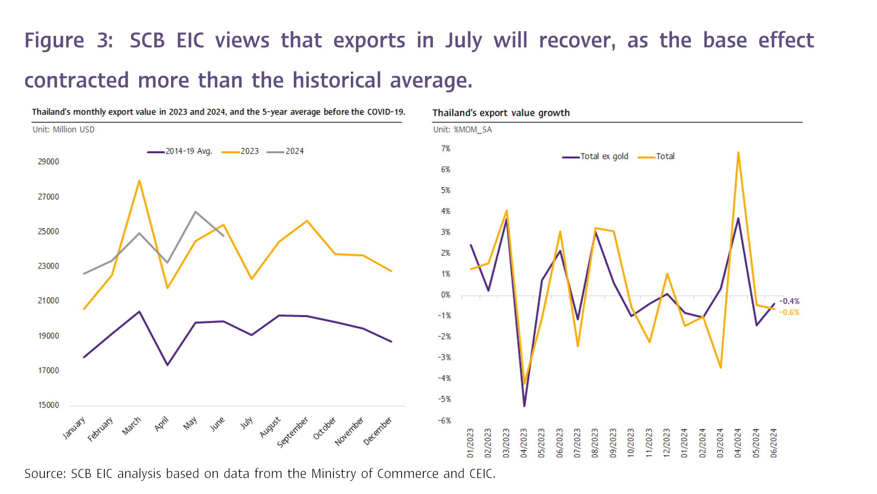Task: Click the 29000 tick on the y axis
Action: tap(48, 161)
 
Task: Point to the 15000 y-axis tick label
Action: tap(48, 405)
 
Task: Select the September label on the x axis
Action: tap(292, 432)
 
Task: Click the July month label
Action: tap(246, 423)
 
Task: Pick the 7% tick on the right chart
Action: tap(446, 148)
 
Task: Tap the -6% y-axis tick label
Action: tap(445, 421)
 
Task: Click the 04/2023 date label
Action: tap(524, 443)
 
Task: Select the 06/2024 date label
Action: tap(774, 443)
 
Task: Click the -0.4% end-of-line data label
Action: tap(789, 301)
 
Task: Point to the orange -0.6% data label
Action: tap(789, 312)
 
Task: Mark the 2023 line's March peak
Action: tap(139, 181)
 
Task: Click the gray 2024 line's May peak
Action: tap(195, 212)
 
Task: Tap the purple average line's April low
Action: tap(167, 365)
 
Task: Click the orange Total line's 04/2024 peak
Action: tap(738, 153)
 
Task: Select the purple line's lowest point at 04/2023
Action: tap(524, 406)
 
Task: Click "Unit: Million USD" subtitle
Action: tap(63, 130)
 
